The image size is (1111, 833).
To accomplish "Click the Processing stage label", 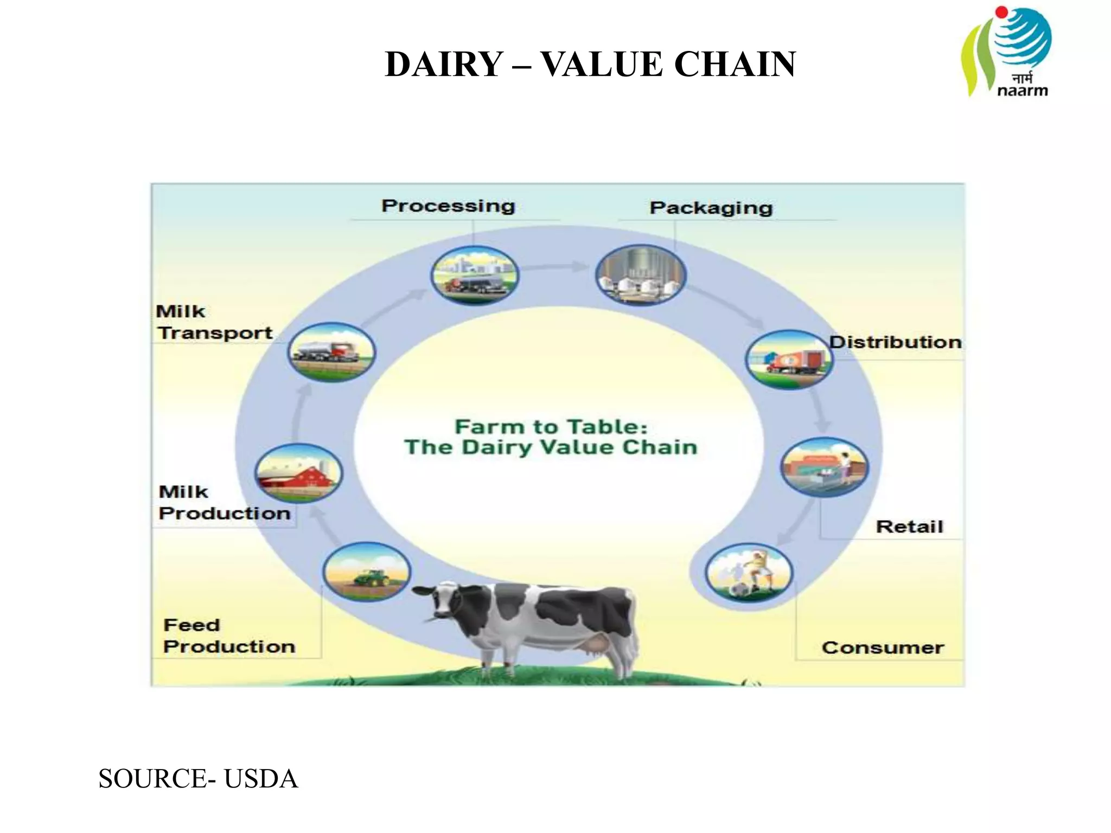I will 448,206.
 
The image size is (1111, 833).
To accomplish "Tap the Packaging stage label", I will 711,208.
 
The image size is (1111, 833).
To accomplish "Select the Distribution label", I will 896,342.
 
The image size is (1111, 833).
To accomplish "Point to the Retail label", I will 910,527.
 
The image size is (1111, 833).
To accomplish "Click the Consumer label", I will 883,648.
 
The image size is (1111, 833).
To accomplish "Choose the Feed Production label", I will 229,636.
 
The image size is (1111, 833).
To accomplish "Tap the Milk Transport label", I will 215,322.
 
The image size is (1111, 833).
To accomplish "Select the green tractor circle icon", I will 367,572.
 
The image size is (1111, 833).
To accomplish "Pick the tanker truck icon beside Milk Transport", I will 331,353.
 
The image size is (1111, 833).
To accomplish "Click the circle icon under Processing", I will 475,275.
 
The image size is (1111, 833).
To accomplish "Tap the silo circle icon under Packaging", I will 641,275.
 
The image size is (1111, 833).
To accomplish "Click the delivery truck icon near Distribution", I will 789,359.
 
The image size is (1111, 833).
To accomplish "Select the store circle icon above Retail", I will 824,467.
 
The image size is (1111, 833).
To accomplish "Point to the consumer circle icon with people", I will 749,573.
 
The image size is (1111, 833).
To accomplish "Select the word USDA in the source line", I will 261,779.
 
